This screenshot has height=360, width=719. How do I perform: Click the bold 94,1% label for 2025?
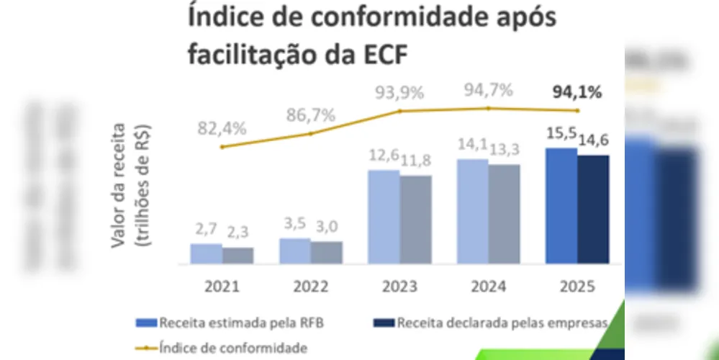[576, 92]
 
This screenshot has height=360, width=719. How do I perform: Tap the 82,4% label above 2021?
[222, 128]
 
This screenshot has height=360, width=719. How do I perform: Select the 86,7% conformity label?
[310, 114]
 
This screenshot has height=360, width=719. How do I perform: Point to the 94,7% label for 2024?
[488, 90]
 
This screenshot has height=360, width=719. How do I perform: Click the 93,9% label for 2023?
[399, 93]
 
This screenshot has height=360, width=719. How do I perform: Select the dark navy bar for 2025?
[593, 210]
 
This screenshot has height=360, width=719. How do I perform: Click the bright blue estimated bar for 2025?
[561, 206]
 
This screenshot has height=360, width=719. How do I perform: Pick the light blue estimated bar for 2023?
[384, 217]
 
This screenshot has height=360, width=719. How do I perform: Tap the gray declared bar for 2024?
[504, 214]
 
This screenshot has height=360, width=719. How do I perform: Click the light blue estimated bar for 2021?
[206, 253]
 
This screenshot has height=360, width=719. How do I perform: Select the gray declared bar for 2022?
[327, 252]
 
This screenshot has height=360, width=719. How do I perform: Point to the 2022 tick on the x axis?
[311, 287]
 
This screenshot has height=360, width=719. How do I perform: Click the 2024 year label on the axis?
[488, 287]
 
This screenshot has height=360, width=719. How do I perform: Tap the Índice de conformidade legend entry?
[228, 348]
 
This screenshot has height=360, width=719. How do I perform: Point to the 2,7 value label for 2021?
[204, 230]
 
